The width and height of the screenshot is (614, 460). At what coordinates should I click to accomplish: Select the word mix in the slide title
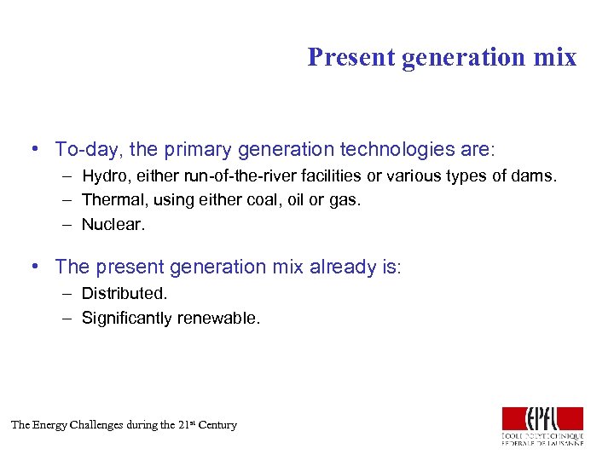tap(554, 57)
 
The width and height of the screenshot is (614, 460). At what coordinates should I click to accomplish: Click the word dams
tap(536, 177)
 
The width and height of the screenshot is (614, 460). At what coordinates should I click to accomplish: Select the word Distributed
tap(125, 294)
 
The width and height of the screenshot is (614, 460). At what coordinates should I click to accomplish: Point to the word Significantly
tap(126, 319)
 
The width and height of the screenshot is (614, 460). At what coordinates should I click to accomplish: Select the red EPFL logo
tap(542, 419)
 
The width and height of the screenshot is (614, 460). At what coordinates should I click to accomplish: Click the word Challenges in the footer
tap(92, 425)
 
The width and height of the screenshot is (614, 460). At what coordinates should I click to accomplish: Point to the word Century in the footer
tap(217, 425)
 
